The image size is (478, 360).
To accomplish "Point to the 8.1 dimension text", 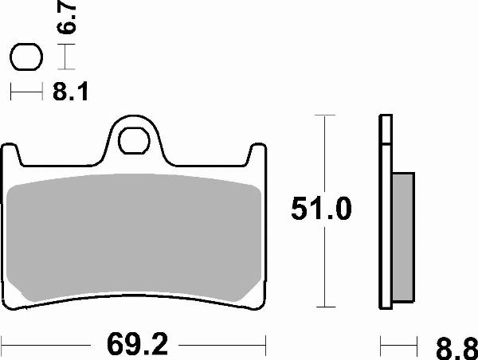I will (x=69, y=93).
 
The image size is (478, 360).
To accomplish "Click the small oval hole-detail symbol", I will (x=26, y=57).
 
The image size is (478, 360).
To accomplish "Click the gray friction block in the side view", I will (x=404, y=239).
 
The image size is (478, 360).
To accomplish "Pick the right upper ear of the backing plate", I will (x=257, y=155).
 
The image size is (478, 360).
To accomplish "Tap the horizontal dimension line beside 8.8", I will (x=398, y=346).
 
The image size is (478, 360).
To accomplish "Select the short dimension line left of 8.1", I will (x=26, y=93).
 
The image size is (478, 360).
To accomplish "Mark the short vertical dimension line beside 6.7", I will (x=68, y=57).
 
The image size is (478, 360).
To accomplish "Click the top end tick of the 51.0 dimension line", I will (x=323, y=115).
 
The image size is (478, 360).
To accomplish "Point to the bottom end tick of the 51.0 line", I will (x=323, y=307).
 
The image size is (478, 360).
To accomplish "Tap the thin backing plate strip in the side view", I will (x=385, y=215).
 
